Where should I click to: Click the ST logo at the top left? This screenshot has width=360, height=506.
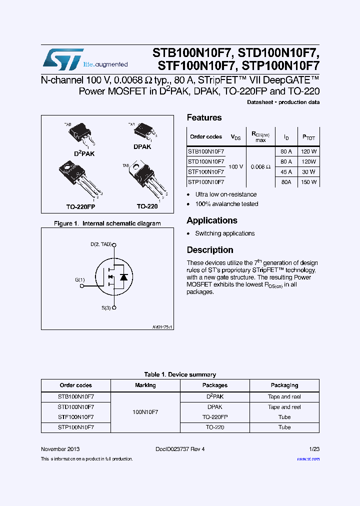click(62, 59)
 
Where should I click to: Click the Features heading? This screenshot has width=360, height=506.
click(204, 118)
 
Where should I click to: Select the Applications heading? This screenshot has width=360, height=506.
click(212, 220)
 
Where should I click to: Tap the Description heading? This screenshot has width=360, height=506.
click(210, 250)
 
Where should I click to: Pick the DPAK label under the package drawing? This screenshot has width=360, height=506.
click(142, 147)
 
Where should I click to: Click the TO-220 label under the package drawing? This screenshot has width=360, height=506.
click(147, 206)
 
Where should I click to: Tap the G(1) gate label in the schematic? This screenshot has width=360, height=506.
click(80, 280)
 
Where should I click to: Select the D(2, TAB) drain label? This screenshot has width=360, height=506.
click(101, 244)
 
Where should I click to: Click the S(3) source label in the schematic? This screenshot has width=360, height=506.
click(105, 308)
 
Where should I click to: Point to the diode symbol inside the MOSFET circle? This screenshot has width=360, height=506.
click(123, 276)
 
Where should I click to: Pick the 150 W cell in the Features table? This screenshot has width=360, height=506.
click(309, 182)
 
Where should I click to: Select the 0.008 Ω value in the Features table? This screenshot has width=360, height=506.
click(260, 166)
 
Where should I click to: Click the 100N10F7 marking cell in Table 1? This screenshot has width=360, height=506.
click(145, 412)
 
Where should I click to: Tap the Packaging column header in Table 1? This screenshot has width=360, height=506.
click(284, 385)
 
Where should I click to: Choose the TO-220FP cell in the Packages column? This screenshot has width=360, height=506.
click(215, 417)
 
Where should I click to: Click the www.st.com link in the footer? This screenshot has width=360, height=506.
click(308, 459)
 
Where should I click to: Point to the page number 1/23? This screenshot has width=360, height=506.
click(314, 449)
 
